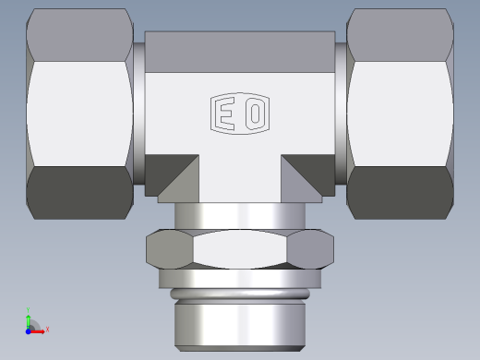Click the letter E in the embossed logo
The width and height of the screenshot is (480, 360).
pos(224,114)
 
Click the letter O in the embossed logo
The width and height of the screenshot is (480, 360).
pos(255,114)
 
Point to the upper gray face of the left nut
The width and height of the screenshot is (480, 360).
pos(78,34)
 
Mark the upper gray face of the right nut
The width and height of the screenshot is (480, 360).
pos(402,35)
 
